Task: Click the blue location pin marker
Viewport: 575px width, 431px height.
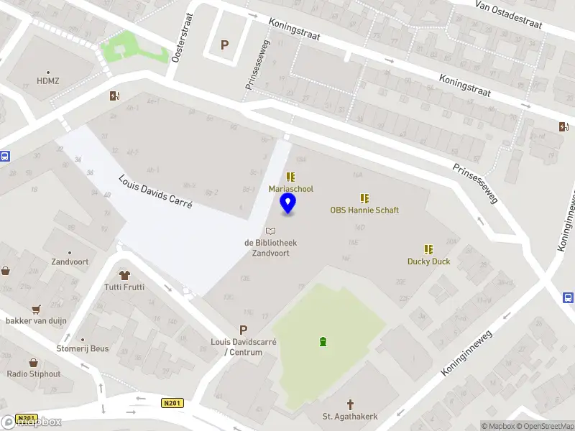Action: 288,203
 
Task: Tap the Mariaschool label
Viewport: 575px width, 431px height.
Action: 290,189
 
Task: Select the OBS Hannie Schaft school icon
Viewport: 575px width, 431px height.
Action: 364,198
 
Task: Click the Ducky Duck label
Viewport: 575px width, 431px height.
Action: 428,261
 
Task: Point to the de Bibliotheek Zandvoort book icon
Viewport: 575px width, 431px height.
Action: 270,231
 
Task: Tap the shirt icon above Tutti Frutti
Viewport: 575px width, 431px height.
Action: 124,274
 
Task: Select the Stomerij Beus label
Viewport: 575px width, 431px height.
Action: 83,348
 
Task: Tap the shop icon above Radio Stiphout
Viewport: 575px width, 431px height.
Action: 33,363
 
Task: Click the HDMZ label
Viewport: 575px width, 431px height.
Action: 48,81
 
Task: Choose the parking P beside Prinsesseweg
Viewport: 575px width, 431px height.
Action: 224,45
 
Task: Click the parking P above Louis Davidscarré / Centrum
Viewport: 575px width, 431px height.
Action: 243,329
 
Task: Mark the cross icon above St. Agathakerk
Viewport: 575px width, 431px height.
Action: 351,404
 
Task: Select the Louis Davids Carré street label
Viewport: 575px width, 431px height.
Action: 155,191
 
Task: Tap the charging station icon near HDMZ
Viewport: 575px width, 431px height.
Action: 114,96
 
